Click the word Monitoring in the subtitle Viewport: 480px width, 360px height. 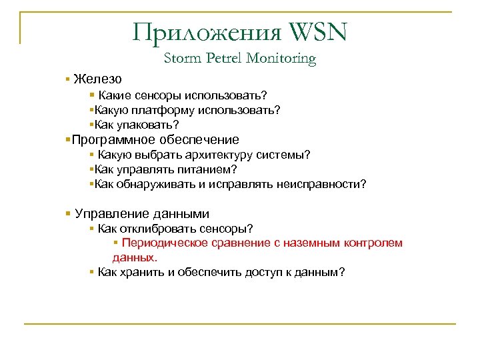[281, 59]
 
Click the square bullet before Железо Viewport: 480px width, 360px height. [69, 79]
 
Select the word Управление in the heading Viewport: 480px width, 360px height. [111, 214]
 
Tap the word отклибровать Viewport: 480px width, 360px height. [152, 229]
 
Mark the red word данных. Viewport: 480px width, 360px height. [135, 257]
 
